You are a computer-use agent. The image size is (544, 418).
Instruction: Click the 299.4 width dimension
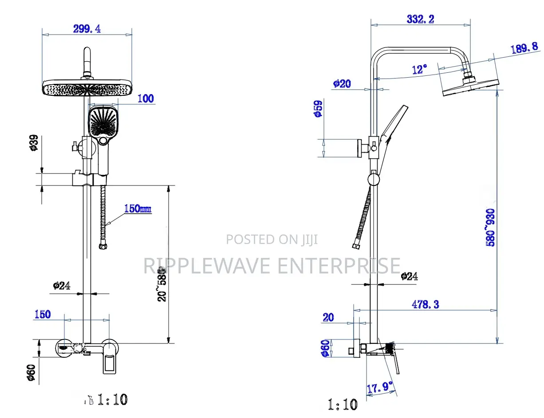tap(87, 28)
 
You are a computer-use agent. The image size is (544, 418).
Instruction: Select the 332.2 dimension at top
tap(420, 19)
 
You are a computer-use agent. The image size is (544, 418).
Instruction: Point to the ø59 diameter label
tap(317, 109)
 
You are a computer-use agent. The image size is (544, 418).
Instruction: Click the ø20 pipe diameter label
tap(342, 83)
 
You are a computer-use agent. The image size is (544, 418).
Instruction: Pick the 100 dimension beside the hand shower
tap(145, 99)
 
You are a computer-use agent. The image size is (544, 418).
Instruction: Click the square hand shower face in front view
tap(103, 121)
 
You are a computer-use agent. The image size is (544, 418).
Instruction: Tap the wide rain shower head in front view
tap(87, 88)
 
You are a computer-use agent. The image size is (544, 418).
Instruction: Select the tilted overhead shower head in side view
tap(471, 87)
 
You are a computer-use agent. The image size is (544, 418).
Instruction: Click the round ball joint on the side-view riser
tap(374, 179)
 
